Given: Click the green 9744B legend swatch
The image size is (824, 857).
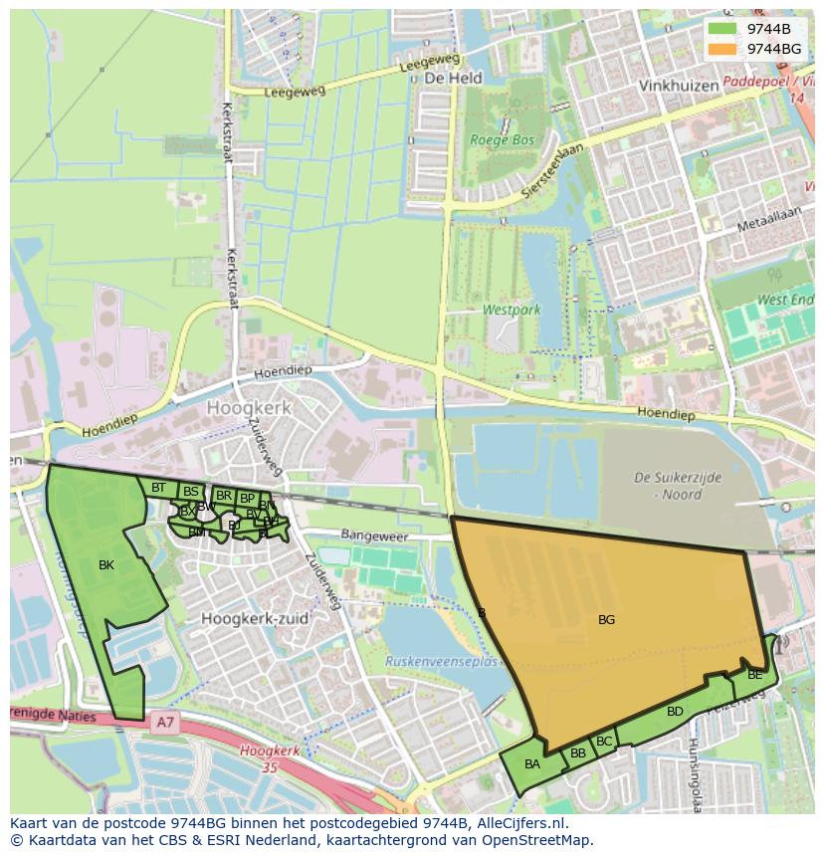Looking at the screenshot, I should (x=722, y=29).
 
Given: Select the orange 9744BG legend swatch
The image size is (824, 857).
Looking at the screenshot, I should (x=722, y=49).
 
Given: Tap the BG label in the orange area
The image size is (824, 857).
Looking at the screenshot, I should (x=606, y=620).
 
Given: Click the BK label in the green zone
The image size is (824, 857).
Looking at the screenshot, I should (x=106, y=565).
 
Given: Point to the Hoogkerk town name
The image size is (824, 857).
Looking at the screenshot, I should (x=249, y=408).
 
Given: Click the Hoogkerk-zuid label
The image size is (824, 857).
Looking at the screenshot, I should (x=255, y=618).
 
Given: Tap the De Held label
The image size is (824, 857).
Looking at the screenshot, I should (x=453, y=78).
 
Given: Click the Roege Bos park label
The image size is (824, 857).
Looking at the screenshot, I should (x=503, y=140).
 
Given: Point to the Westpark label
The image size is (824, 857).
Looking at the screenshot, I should (x=512, y=310).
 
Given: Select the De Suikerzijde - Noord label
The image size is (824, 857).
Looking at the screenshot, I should (x=678, y=486).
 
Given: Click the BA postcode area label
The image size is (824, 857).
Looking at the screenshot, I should (x=532, y=764).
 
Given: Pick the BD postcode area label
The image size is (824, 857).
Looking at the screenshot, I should (x=675, y=712).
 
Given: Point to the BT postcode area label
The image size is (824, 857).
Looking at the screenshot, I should (x=158, y=488).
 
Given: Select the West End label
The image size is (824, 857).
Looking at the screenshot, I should (x=785, y=300).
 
